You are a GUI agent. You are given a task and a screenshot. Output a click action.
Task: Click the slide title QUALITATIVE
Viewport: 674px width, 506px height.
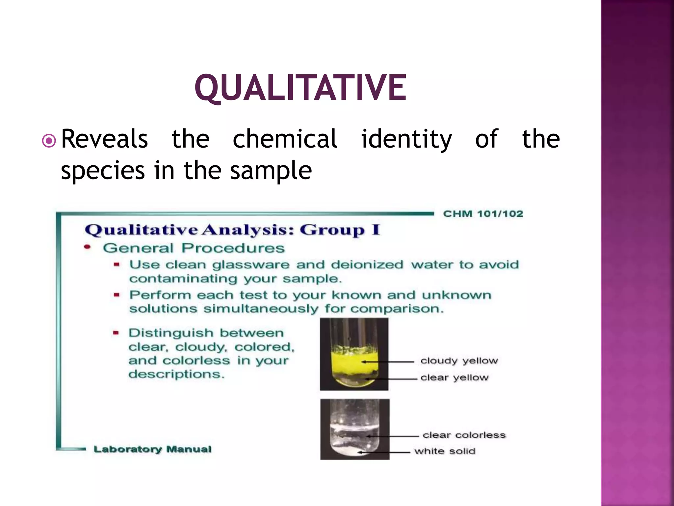tap(300, 88)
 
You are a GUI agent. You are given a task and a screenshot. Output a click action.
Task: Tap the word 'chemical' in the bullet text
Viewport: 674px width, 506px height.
tap(285, 139)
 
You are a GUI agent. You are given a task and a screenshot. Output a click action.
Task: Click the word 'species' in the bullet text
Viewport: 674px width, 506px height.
tap(103, 171)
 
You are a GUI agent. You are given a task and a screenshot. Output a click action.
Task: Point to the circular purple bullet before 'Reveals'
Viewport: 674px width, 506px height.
tap(49, 141)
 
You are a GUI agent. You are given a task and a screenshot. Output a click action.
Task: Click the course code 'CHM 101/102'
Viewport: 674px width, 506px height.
tap(483, 214)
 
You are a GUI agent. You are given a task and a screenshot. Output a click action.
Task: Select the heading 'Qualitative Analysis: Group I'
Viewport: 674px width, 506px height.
tap(232, 230)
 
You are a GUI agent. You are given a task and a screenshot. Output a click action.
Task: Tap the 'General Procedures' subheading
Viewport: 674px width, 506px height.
tap(194, 248)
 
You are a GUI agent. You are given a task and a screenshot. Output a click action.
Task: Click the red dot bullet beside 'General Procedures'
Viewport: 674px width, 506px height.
tap(87, 247)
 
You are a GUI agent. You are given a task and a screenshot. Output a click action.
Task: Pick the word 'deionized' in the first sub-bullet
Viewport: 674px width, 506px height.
tap(367, 265)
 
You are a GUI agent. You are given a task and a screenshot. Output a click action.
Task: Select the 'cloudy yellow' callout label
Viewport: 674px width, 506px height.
tap(459, 361)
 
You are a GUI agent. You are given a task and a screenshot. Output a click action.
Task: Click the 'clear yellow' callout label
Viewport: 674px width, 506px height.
tap(454, 378)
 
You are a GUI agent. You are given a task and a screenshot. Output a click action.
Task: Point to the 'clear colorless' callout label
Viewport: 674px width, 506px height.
tap(464, 435)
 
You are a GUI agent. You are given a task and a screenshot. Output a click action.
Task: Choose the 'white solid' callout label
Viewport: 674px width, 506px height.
tap(445, 451)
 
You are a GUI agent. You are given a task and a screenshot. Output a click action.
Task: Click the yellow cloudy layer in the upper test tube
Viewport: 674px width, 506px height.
tap(353, 361)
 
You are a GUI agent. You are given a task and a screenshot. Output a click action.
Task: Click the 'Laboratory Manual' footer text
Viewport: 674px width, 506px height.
tap(152, 449)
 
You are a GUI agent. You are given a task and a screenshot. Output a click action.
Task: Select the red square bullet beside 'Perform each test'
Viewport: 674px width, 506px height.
tap(116, 295)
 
